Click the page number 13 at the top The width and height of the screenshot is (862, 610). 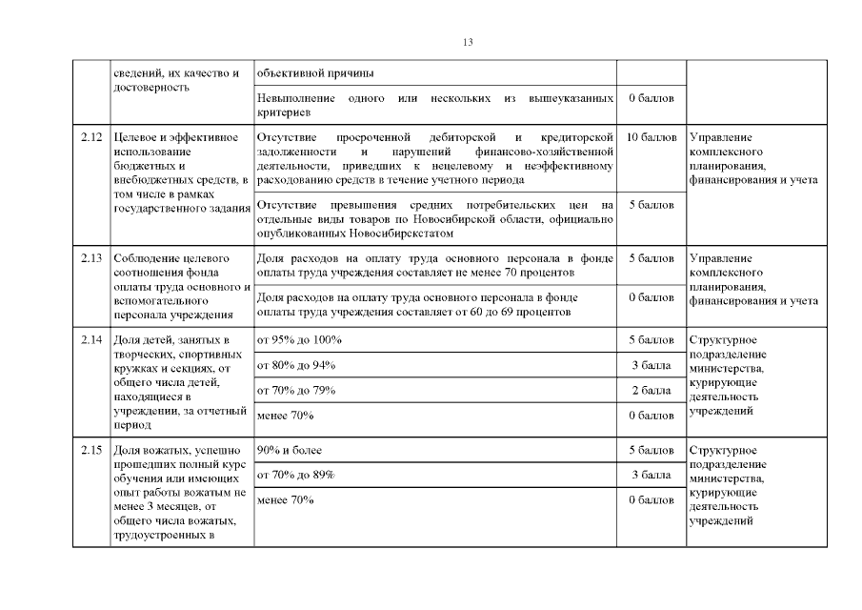[x=468, y=42]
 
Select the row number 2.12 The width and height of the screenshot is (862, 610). [x=91, y=138]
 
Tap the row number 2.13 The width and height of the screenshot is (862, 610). [x=91, y=258]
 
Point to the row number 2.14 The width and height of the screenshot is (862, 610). [x=91, y=340]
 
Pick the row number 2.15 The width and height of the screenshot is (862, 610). [x=91, y=450]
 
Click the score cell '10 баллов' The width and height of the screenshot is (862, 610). [x=652, y=138]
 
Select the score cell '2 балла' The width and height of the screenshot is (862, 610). [x=652, y=390]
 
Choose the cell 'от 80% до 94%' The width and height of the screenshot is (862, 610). [x=298, y=365]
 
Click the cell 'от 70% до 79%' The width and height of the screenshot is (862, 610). [x=298, y=390]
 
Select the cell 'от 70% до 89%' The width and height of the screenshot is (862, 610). [x=298, y=475]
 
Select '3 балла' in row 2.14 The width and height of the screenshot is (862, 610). [x=652, y=365]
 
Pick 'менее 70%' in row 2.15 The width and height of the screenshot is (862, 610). [x=285, y=499]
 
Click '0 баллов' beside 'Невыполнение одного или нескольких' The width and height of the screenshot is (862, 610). [x=652, y=98]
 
